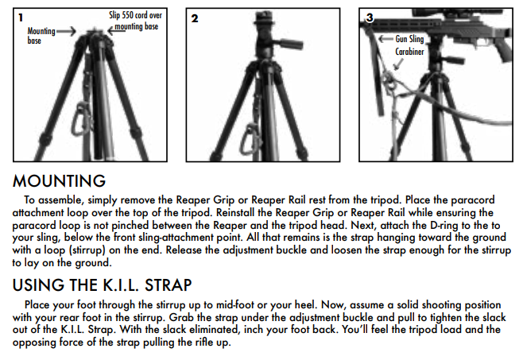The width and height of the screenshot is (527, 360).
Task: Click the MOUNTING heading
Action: pyautogui.click(x=59, y=181)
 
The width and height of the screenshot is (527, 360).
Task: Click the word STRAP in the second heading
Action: pyautogui.click(x=168, y=285)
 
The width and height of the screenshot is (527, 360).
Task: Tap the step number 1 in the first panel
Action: pyautogui.click(x=21, y=17)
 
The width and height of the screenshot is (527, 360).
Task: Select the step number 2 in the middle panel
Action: pyautogui.click(x=195, y=18)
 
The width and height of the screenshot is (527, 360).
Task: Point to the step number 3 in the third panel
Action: pyautogui.click(x=370, y=17)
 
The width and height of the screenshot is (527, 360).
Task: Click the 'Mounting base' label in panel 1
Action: pyautogui.click(x=41, y=36)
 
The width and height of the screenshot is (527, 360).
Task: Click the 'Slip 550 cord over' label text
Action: pyautogui.click(x=135, y=15)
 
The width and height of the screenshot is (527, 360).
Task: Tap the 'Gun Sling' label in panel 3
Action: pyautogui.click(x=409, y=39)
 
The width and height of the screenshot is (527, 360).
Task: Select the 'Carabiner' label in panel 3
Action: pyautogui.click(x=409, y=52)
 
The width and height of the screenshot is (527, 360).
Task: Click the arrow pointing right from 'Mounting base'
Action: pyautogui.click(x=66, y=32)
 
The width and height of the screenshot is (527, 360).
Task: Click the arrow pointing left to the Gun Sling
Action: pyautogui.click(x=386, y=39)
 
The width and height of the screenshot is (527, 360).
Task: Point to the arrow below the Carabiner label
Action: pyautogui.click(x=398, y=64)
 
